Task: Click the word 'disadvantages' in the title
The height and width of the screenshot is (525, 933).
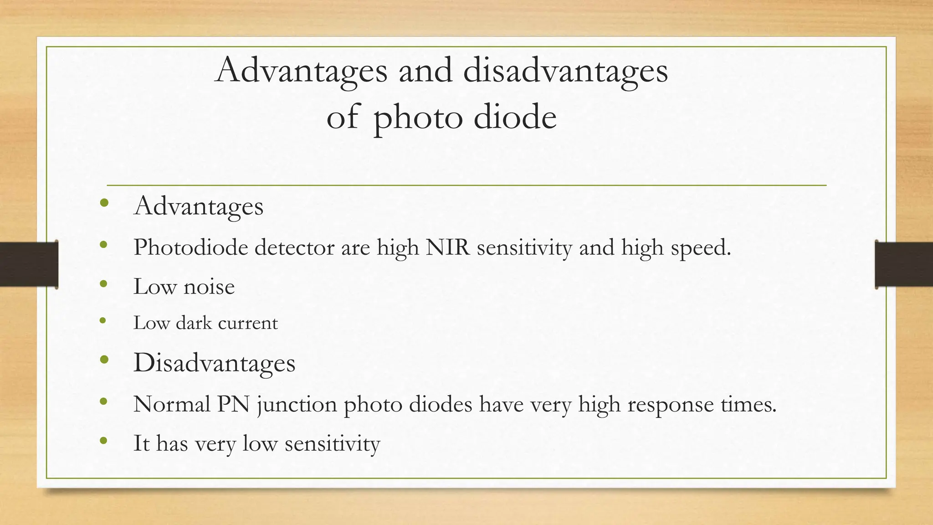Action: [x=565, y=72]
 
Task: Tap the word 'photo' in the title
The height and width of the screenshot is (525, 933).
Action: [x=418, y=118]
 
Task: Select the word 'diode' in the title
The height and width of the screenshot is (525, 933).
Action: [x=515, y=117]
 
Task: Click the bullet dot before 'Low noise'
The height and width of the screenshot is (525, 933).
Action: [x=103, y=284]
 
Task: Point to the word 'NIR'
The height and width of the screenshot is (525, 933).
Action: [x=447, y=247]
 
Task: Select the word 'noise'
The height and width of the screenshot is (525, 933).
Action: [x=209, y=287]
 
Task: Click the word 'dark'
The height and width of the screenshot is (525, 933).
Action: [x=194, y=323]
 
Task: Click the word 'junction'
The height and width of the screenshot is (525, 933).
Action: [x=297, y=405]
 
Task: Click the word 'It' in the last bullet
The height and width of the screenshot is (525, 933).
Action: [x=141, y=443]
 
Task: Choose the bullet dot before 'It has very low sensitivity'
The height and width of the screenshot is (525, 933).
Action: [x=103, y=441]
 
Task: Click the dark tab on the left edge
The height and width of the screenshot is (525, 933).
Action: [x=29, y=264]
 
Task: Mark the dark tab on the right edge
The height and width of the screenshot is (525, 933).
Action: [x=904, y=264]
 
